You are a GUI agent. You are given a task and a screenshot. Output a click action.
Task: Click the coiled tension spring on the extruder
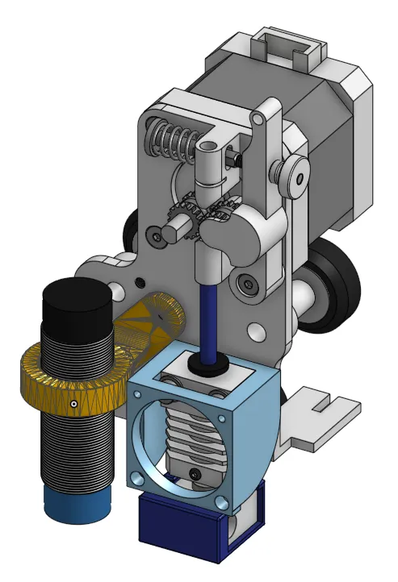click(x=172, y=135)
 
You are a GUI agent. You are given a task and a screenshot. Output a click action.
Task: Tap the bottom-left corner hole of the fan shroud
click(x=139, y=481)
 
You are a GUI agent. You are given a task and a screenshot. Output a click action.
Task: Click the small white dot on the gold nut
click(x=73, y=403)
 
